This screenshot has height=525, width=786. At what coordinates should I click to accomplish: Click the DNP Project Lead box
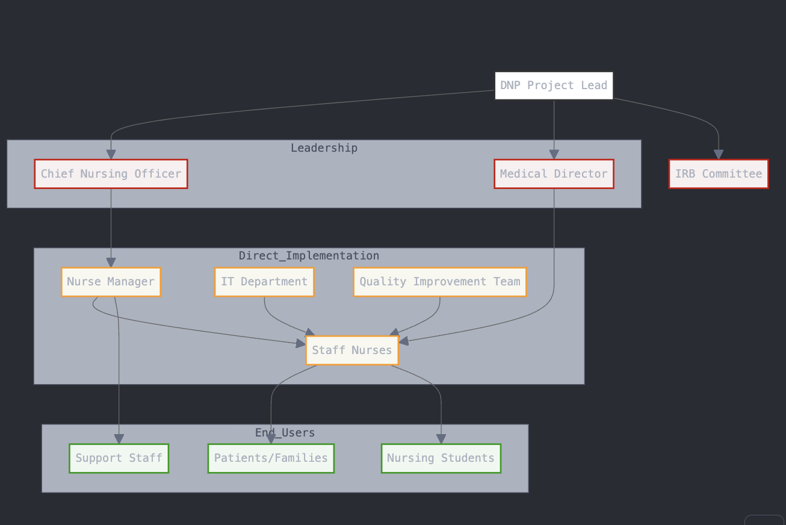554,85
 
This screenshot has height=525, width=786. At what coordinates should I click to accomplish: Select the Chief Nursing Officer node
111,174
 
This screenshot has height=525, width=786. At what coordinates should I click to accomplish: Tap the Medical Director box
554,174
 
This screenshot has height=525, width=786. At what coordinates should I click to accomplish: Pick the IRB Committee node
719,174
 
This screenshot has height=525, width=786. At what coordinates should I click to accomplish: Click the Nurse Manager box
111,282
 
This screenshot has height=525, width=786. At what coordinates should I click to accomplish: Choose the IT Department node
264,282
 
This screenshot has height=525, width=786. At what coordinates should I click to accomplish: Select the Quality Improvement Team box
440,282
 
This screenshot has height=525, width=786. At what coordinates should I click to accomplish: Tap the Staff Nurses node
352,350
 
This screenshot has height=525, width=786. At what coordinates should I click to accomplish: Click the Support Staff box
119,458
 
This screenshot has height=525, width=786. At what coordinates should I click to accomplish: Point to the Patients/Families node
271,458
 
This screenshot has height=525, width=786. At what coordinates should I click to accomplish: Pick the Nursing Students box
441,458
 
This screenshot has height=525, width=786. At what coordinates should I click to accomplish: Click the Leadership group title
324,148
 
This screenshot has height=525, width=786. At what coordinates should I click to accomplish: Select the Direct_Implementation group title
309,256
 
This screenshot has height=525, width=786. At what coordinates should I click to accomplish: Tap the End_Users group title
285,433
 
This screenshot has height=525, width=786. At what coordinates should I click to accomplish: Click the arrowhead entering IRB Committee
719,155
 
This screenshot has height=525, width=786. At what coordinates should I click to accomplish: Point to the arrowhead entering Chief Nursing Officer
111,155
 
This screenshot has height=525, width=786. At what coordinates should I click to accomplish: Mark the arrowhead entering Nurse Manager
111,262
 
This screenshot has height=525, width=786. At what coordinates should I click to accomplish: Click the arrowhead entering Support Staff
119,439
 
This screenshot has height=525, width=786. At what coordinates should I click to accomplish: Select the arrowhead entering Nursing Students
441,439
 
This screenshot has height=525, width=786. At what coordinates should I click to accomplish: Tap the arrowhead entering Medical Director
554,155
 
